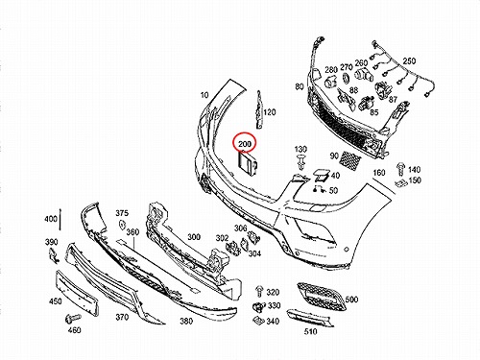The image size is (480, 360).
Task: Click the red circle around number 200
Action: pos(245,133)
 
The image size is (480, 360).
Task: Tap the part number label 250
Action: pos(409,60)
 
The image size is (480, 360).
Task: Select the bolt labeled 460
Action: pos(72,318)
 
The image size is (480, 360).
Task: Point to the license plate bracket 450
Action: pos(77,292)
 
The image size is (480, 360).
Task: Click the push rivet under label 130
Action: pos(300,161)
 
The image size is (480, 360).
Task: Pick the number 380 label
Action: pos(186,321)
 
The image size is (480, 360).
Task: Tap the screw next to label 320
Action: pos(259,291)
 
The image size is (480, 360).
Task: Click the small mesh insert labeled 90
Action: pos(349,157)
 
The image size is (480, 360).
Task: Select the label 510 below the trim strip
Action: pos(310,331)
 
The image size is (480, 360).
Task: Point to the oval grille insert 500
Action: pos(321,296)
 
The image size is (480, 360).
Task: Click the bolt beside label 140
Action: pos(400,169)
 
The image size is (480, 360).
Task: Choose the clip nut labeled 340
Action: pos(258,320)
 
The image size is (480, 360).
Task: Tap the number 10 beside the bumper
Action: pos(204,95)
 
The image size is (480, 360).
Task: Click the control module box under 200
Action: pos(248,164)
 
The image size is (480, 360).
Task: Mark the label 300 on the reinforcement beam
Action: pos(194,237)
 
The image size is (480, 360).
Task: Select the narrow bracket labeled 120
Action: pos(259,110)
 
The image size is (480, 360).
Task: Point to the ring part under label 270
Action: pos(346,78)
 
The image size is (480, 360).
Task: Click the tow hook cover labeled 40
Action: pos(321,175)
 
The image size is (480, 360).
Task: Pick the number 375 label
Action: pos(122,213)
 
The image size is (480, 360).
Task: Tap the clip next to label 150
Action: pos(401,183)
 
